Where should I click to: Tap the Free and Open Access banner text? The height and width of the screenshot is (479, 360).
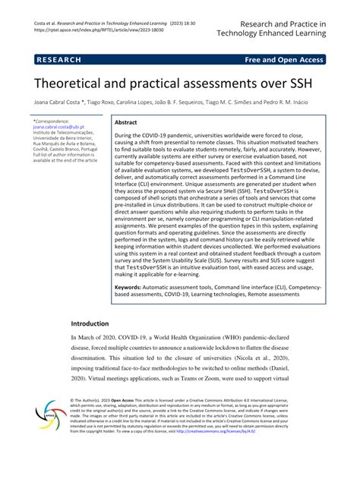pos(284,59)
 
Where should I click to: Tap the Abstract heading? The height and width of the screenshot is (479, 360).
pos(125,121)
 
